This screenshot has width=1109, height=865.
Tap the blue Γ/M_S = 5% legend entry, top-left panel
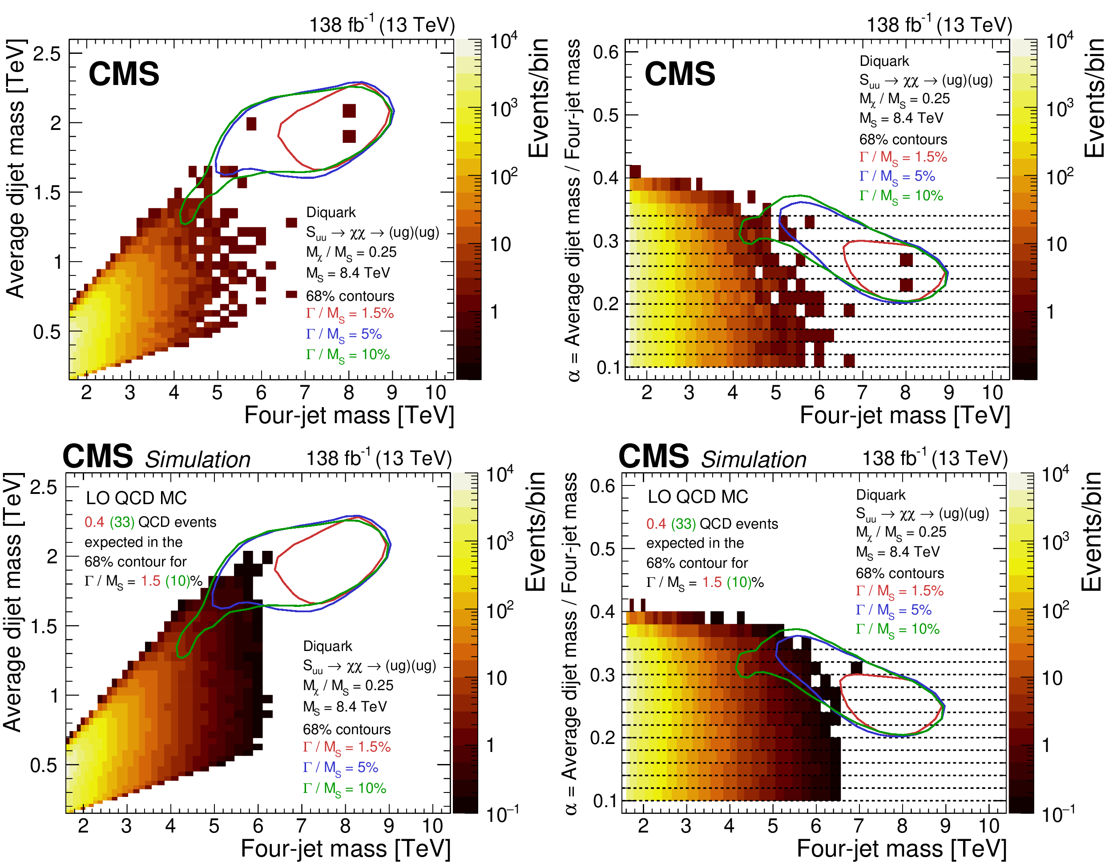(343, 334)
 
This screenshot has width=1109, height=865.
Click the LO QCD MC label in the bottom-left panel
(136, 498)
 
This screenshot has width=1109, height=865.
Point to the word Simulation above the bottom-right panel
(754, 460)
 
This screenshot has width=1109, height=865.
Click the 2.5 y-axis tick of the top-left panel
(47, 53)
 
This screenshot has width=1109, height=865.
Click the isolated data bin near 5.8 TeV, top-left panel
(251, 123)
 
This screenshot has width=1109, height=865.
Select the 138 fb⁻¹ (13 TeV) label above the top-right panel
(939, 24)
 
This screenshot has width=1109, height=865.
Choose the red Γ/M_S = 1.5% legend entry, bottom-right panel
(899, 591)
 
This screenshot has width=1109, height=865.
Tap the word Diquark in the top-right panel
(884, 61)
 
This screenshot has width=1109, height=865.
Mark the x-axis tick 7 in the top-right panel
(862, 392)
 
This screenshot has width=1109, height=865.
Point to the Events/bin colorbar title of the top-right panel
(1094, 97)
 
